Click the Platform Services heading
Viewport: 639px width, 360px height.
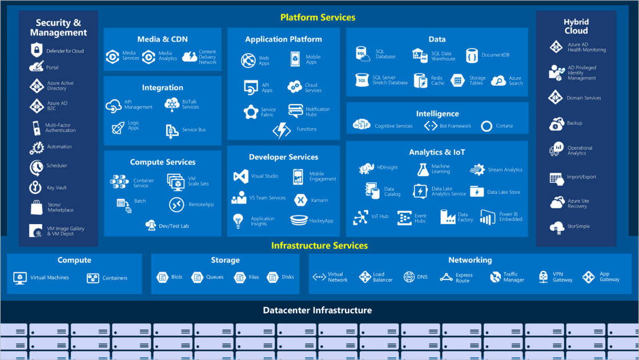tap(318, 17)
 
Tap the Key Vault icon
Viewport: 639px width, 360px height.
tap(37, 187)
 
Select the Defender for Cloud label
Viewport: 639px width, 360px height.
tap(65, 51)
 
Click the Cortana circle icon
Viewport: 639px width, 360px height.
tap(487, 126)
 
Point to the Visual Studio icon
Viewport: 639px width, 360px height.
tap(240, 176)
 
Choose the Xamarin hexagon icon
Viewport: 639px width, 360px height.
tap(300, 199)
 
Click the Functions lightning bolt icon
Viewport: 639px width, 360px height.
tap(282, 130)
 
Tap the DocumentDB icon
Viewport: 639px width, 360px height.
tap(472, 55)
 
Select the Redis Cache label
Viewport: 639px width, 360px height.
tap(437, 81)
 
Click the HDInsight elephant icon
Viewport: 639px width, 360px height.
tap(366, 168)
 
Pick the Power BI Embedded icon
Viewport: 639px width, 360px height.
tap(488, 217)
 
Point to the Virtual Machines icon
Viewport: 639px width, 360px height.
tap(20, 278)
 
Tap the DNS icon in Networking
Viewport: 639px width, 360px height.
tap(409, 277)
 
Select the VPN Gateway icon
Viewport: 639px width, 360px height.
tap(543, 277)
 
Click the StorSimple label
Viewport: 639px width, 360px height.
tap(578, 226)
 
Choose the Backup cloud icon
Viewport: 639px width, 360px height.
tap(557, 123)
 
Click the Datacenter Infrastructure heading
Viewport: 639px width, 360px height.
tap(318, 310)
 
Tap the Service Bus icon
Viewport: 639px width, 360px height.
tap(172, 130)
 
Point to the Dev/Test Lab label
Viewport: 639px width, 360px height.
tap(174, 226)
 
